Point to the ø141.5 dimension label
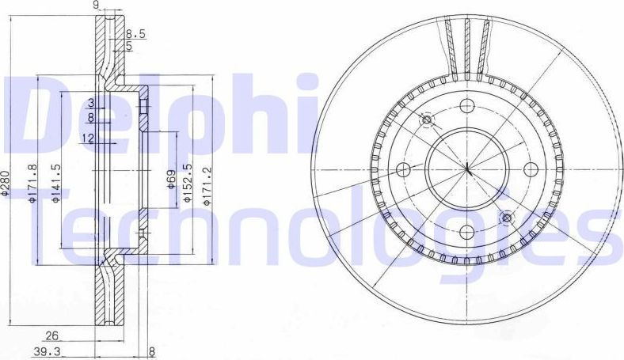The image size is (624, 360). [56, 183]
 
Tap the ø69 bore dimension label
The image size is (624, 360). [170, 180]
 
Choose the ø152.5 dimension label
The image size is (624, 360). [188, 183]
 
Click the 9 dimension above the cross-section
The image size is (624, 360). [96, 6]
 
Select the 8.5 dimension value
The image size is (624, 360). [135, 33]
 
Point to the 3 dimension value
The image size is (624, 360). [91, 103]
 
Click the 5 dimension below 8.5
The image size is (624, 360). [128, 46]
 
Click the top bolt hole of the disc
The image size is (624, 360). [467, 106]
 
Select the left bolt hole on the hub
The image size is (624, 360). [403, 169]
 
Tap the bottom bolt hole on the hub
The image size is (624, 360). [466, 231]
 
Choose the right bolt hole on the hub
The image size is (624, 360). [529, 169]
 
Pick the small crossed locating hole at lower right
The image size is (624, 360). [507, 217]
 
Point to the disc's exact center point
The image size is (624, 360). [466, 169]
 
